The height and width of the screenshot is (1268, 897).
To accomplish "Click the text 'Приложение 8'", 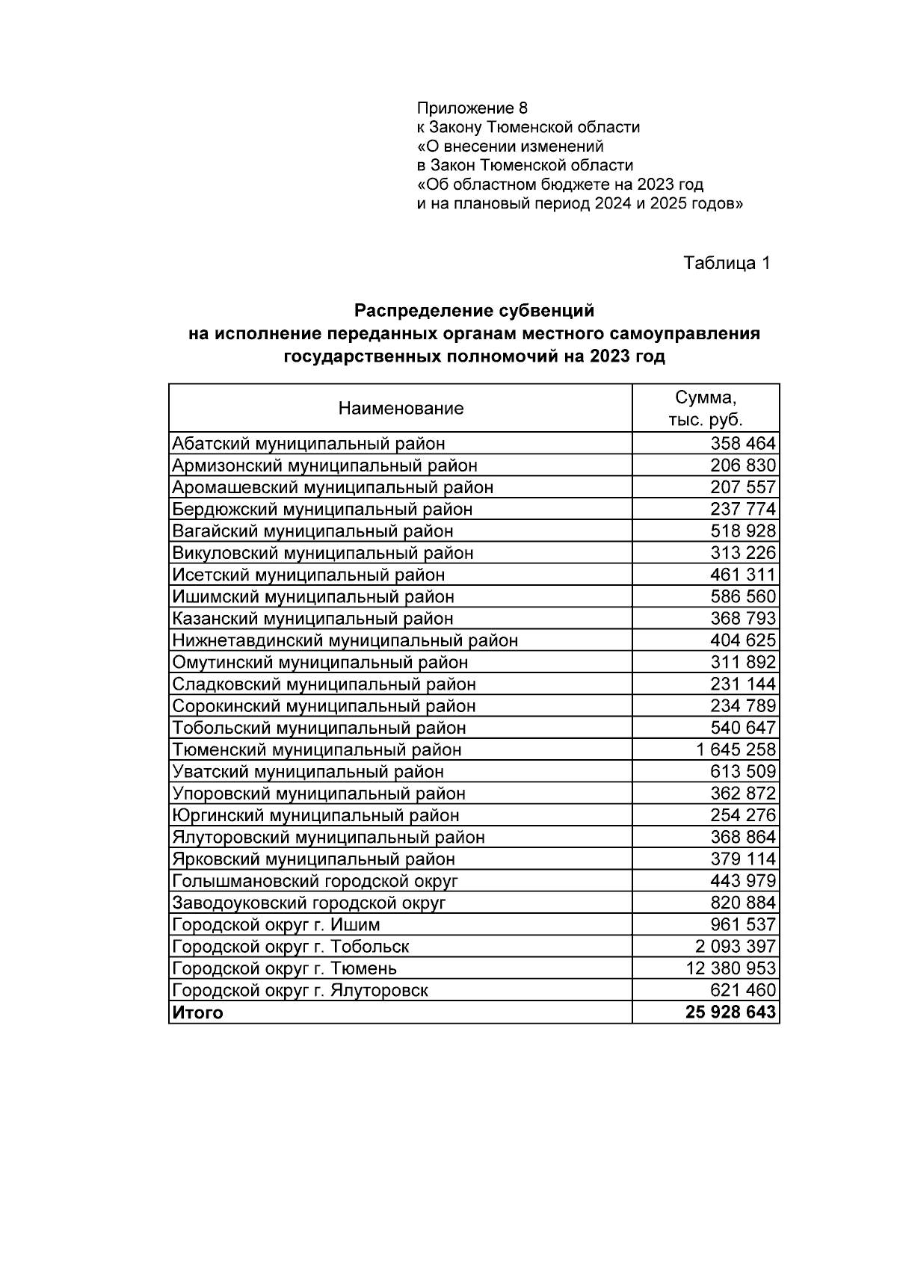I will click(x=472, y=108).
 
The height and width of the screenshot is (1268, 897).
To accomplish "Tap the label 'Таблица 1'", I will click(x=727, y=263).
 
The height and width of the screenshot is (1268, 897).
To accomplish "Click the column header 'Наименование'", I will click(x=401, y=408).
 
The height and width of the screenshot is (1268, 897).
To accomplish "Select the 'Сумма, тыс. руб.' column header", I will click(x=705, y=408).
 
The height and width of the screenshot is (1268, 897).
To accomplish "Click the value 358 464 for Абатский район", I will click(x=742, y=444).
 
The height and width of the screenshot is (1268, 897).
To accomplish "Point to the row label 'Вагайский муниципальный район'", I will click(x=312, y=531).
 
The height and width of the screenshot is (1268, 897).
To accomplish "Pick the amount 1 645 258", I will click(x=735, y=749).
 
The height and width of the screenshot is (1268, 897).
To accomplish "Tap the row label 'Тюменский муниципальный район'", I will click(x=317, y=749).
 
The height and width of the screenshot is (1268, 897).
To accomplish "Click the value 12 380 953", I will click(x=730, y=968).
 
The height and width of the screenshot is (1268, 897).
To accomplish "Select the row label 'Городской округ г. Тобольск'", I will click(x=291, y=947).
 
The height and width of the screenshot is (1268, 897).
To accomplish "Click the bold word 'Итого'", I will click(x=197, y=1012).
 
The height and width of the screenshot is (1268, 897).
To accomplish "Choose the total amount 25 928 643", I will click(x=730, y=1012).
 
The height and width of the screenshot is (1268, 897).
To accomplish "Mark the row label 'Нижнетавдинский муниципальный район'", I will click(x=345, y=640).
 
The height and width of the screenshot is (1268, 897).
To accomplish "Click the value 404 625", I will click(x=742, y=640).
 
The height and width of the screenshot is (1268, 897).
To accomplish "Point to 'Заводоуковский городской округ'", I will click(x=309, y=903).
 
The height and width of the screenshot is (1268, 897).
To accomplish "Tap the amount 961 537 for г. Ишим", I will click(x=742, y=924).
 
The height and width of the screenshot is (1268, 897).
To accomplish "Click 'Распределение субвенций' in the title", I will click(x=474, y=310).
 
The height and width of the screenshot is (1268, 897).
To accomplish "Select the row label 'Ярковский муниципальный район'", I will click(x=313, y=859).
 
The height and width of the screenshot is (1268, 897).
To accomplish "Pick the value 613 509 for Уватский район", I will click(x=742, y=772).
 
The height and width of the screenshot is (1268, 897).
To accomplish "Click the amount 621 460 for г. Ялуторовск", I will click(x=742, y=991).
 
